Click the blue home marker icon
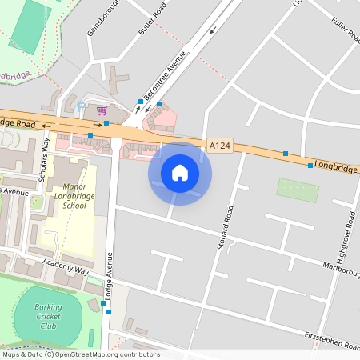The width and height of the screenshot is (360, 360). [x=180, y=173]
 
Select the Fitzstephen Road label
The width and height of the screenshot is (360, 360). [x=331, y=341]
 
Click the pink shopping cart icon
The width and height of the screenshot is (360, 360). [x=102, y=110]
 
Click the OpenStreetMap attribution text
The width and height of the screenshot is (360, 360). [x=80, y=354]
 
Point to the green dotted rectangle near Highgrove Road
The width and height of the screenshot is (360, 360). [x=298, y=190]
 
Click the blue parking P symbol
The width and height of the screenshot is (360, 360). [x=82, y=105]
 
